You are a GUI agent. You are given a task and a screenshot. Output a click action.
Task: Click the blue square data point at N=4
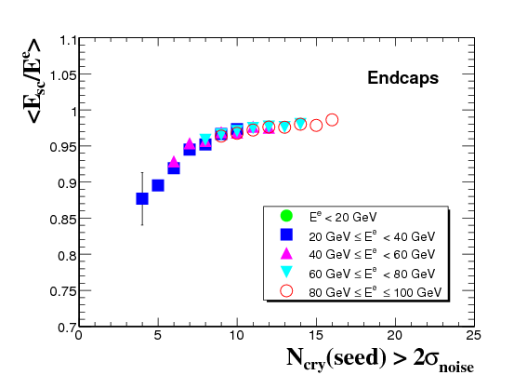142,198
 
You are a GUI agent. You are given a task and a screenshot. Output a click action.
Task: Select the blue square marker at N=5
158,185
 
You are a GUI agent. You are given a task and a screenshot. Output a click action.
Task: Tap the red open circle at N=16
332,120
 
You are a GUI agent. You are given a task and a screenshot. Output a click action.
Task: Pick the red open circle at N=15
316,126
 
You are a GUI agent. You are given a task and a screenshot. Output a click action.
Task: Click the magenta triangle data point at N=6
174,162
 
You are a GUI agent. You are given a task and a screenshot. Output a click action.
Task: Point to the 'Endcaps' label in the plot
403,78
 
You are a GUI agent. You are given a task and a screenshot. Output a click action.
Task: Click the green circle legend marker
286,216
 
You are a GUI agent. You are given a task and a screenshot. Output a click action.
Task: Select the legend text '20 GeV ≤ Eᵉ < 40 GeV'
372,236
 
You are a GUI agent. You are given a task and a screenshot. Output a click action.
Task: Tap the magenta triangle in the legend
286,253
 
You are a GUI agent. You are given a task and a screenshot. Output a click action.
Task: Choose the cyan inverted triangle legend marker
286,272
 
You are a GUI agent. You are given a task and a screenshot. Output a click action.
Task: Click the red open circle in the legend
286,291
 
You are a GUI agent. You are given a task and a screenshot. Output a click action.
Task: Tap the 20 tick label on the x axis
395,336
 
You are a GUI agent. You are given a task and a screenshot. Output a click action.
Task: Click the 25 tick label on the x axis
474,336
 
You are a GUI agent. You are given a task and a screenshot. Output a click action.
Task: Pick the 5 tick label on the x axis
158,336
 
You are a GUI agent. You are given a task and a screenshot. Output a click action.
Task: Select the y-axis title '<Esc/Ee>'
33,81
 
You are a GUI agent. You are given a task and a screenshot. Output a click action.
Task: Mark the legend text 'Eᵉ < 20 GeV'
343,217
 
